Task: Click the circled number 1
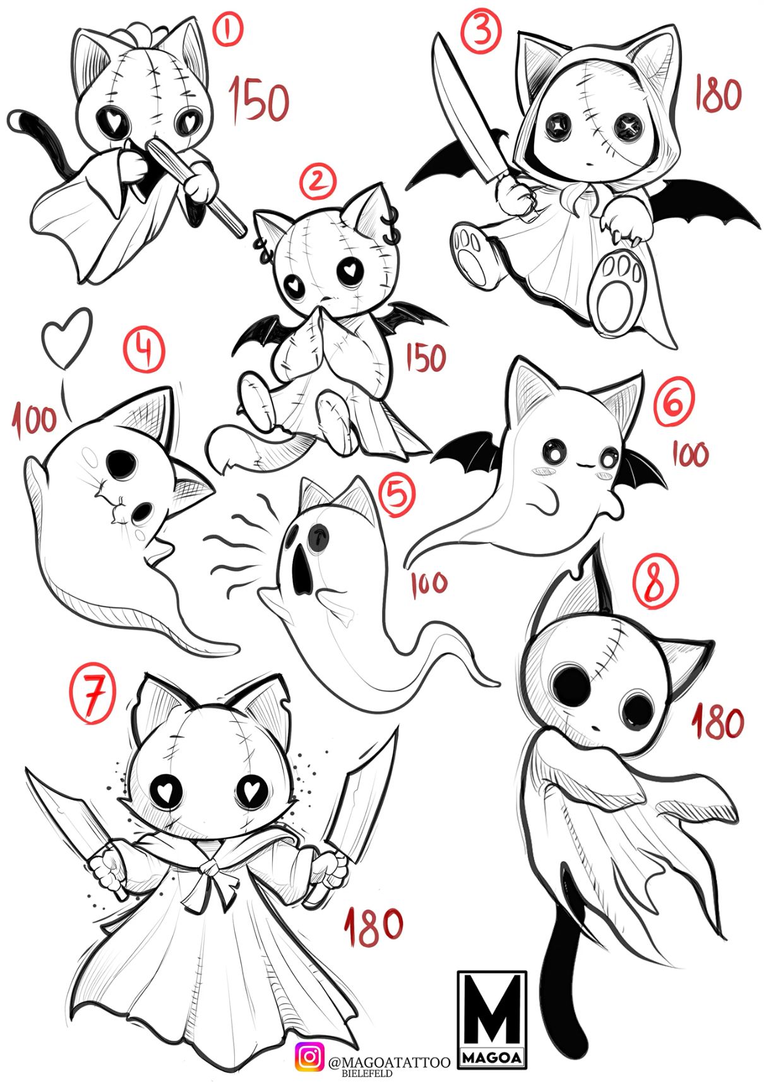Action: click(x=229, y=30)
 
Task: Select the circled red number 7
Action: click(x=93, y=696)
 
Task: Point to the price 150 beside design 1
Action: click(x=258, y=100)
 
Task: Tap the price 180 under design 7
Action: click(x=373, y=927)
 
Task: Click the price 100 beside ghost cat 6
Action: click(x=689, y=454)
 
